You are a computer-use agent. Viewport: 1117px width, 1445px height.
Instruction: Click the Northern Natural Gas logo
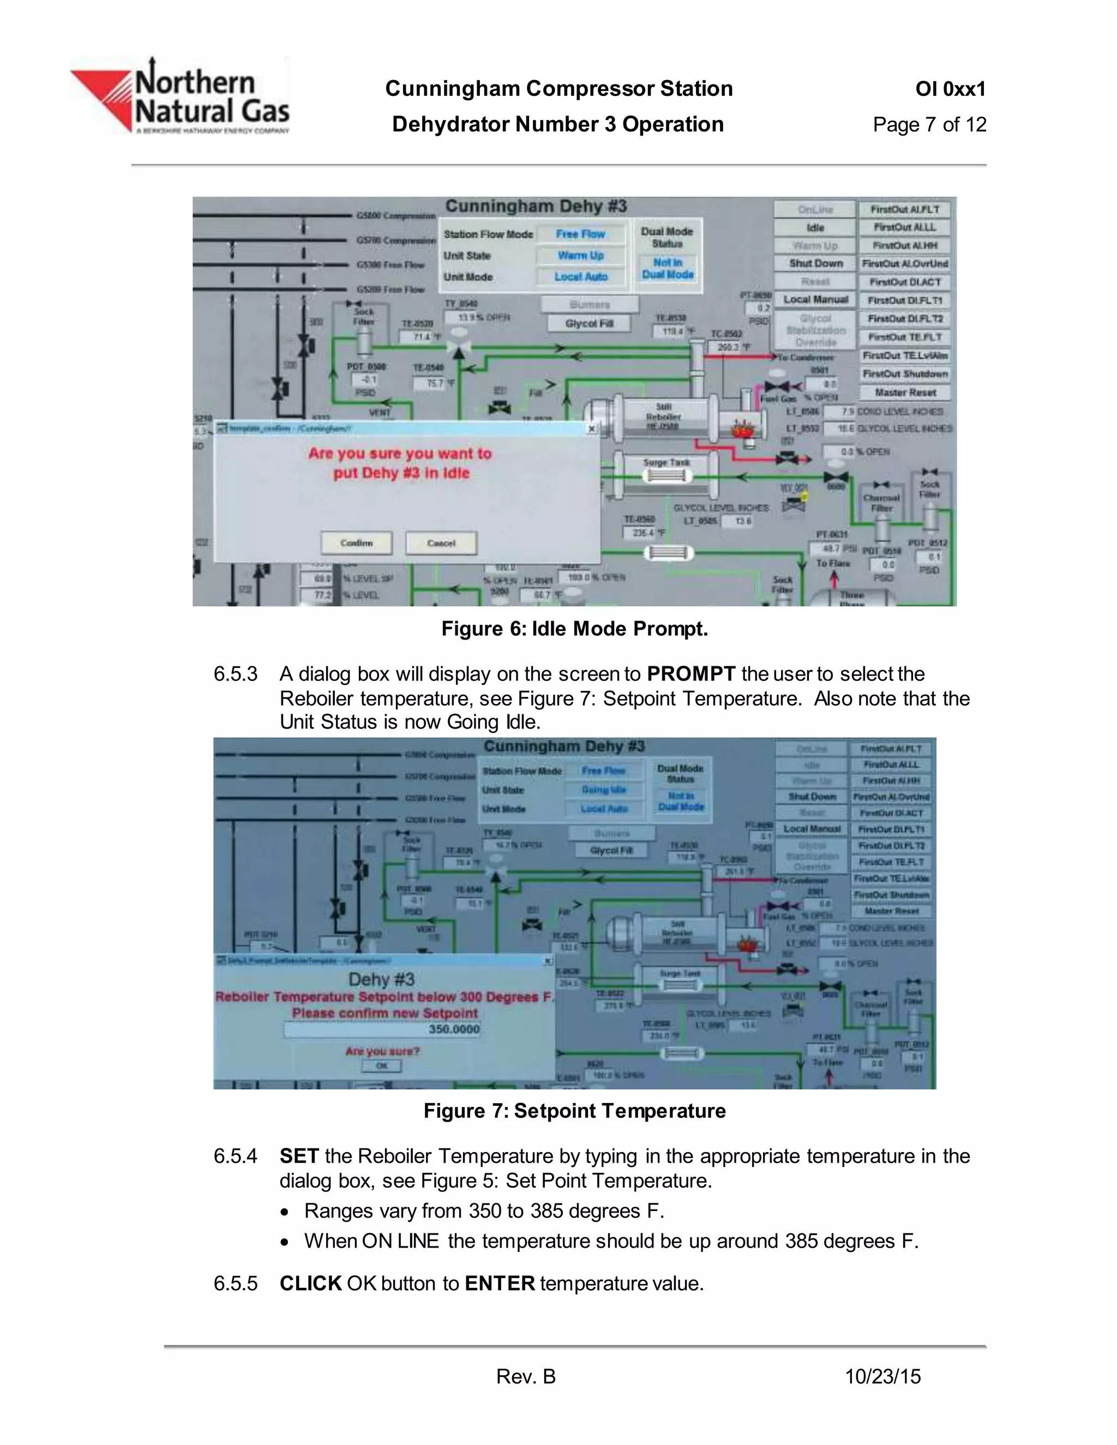point(180,97)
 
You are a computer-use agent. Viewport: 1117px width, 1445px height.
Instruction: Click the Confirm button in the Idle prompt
point(357,543)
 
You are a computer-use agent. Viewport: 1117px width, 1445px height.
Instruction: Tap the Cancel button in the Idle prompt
point(441,543)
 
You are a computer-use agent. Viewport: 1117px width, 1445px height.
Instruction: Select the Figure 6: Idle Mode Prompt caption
point(574,629)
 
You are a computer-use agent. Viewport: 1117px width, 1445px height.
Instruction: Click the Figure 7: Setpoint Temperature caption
point(574,1111)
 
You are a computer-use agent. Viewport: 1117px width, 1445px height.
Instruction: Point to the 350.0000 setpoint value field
point(382,1029)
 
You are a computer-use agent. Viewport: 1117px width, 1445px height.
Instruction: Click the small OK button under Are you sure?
point(382,1066)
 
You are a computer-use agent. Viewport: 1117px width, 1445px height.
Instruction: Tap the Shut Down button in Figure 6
point(815,263)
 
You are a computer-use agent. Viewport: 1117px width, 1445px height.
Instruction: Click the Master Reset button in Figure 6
point(905,393)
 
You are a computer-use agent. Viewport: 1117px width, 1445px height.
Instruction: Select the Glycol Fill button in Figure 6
point(589,323)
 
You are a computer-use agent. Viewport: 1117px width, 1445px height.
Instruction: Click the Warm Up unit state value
point(580,255)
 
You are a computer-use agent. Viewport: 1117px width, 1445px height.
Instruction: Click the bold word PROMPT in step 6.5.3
point(691,673)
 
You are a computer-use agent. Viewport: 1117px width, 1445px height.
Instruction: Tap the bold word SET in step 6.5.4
point(299,1156)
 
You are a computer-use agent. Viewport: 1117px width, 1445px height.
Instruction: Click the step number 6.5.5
point(235,1284)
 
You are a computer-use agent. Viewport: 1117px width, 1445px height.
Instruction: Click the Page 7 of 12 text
point(929,124)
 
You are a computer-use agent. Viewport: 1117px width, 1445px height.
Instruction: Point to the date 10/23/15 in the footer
point(883,1377)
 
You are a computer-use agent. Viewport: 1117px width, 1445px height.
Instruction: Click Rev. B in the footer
point(526,1377)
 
